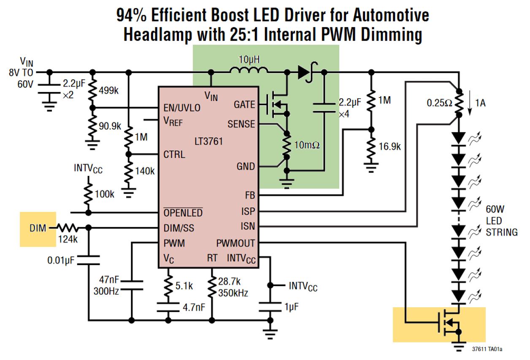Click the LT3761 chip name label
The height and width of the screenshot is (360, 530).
208,141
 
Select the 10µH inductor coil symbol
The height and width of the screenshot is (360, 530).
249,70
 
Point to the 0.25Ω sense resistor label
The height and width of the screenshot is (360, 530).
439,103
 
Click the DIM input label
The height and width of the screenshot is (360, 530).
38,228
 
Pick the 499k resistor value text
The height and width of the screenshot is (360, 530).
108,90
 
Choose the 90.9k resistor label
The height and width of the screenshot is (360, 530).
110,126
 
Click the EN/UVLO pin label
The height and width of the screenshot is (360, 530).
182,108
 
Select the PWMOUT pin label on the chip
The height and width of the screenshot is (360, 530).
235,243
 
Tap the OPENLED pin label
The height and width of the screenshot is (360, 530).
183,213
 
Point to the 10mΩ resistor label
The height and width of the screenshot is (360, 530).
307,145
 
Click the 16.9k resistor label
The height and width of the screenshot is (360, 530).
389,146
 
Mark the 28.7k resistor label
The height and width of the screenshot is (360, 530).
229,282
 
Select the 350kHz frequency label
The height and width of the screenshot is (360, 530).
233,293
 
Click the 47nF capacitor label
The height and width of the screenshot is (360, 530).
109,280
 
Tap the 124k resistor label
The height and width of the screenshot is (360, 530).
68,239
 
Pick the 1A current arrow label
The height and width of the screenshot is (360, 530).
480,103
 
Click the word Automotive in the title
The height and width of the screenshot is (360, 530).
391,15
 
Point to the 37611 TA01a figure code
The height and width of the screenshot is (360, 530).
487,349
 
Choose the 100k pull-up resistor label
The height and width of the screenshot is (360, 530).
104,194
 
